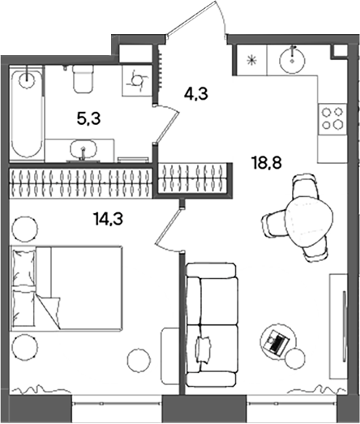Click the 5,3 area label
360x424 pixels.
click(88, 118)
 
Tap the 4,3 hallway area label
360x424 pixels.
click(195, 94)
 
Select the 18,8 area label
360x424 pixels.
click(268, 163)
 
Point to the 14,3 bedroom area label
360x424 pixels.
click(109, 219)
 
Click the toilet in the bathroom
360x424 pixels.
click(84, 79)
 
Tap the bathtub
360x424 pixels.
click(27, 113)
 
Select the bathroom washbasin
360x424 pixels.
click(84, 149)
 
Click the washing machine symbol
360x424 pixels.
click(137, 80)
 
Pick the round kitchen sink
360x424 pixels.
click(292, 61)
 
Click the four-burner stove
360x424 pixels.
click(332, 118)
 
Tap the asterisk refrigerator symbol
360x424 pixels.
click(251, 60)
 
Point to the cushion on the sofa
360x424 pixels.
click(204, 349)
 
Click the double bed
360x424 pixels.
click(66, 288)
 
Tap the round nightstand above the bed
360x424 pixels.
click(24, 228)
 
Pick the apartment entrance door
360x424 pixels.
click(197, 19)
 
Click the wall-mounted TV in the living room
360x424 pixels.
click(344, 325)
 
